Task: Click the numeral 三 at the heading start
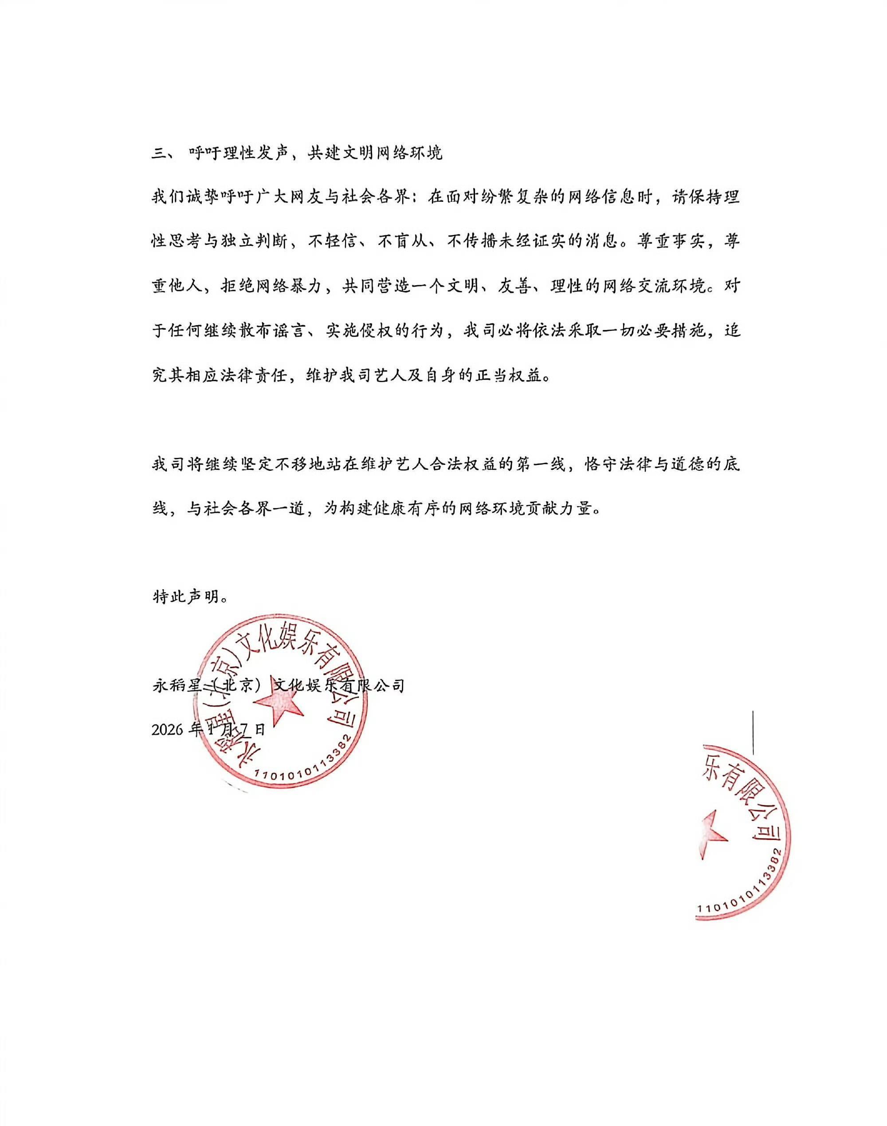(x=158, y=154)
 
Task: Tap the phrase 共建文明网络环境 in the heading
(x=374, y=154)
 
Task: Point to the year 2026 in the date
(x=167, y=730)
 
